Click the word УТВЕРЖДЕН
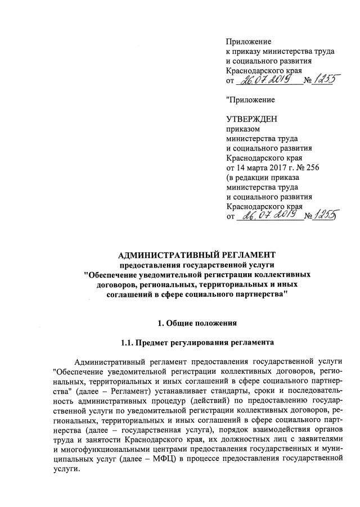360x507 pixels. click(249, 119)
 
